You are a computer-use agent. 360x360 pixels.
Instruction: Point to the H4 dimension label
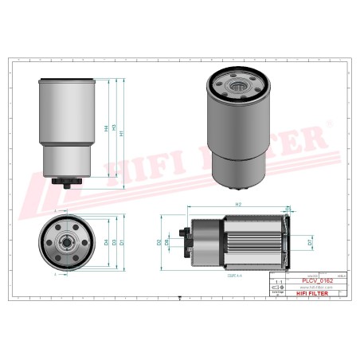click(x=106, y=128)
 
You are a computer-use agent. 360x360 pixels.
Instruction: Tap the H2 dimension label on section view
click(x=238, y=205)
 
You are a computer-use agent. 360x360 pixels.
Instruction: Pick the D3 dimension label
click(x=114, y=242)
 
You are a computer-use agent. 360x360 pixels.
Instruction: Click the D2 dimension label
click(x=160, y=241)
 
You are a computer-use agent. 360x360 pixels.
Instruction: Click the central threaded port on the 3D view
click(x=238, y=84)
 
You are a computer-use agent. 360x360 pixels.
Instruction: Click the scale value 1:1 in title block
click(x=277, y=282)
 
